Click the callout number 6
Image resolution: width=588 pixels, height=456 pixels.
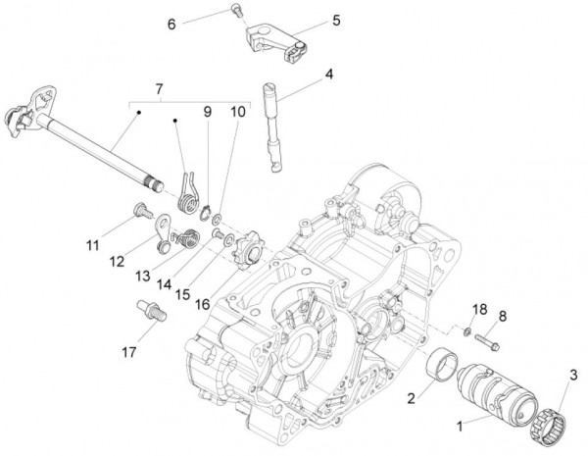click(x=171, y=25)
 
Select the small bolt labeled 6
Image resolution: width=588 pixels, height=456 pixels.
click(x=236, y=9)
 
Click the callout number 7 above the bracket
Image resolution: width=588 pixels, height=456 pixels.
click(x=159, y=89)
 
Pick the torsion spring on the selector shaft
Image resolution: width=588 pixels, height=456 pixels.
click(x=188, y=194)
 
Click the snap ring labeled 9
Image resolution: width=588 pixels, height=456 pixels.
click(x=206, y=214)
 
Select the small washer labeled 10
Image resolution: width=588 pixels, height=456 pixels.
click(x=217, y=218)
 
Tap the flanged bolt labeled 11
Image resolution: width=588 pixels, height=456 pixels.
click(x=143, y=211)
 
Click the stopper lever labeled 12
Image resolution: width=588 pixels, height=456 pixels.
click(x=164, y=232)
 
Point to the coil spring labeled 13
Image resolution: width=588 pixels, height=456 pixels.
click(x=185, y=238)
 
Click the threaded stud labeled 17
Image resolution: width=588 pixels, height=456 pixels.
click(x=152, y=310)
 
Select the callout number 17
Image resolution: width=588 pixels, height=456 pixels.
click(x=129, y=352)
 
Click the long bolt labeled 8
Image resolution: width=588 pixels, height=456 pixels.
click(x=487, y=341)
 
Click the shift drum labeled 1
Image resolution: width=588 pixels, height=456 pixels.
click(x=497, y=394)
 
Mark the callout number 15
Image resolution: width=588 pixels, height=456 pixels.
click(x=182, y=294)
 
